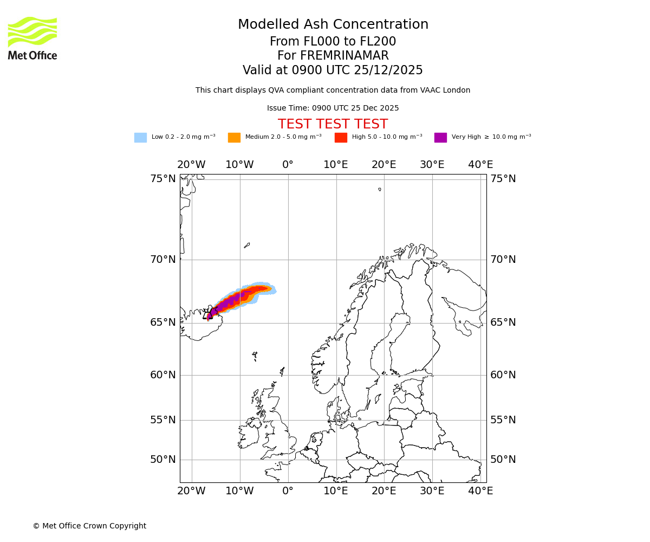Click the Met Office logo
pyautogui.click(x=32, y=38)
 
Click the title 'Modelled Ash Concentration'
pyautogui.click(x=333, y=25)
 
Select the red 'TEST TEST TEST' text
pyautogui.click(x=333, y=125)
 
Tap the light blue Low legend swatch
pyautogui.click(x=140, y=138)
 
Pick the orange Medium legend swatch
pyautogui.click(x=234, y=138)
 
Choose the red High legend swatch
pyautogui.click(x=341, y=138)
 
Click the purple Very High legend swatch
pyautogui.click(x=440, y=138)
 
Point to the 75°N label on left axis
pyautogui.click(x=162, y=179)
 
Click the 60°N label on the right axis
pyautogui.click(x=503, y=375)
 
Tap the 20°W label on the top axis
pyautogui.click(x=191, y=165)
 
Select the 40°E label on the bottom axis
pyautogui.click(x=480, y=491)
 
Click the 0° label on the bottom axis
pyautogui.click(x=288, y=491)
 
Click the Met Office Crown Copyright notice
pyautogui.click(x=89, y=526)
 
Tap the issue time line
pyautogui.click(x=333, y=108)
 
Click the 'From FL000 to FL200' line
pyautogui.click(x=333, y=42)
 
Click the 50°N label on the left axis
pyautogui.click(x=162, y=460)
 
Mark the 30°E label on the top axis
pyautogui.click(x=432, y=165)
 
